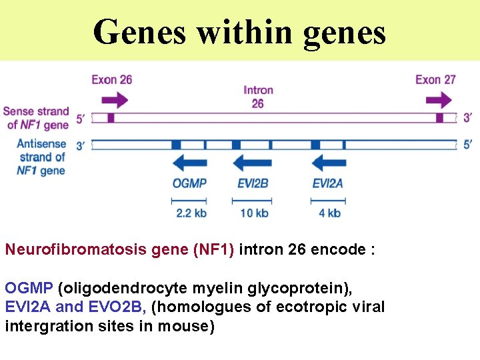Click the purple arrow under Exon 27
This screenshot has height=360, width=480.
438,101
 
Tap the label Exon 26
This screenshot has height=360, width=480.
111,80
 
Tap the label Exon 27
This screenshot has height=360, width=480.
435,80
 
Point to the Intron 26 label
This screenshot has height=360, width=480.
257,97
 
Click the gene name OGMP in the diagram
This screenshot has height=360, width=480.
189,183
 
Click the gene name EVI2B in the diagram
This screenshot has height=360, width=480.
253,183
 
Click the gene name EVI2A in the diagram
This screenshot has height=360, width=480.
327,183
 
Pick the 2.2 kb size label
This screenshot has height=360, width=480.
191,213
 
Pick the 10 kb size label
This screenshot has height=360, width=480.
253,213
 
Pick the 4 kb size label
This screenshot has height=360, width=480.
329,213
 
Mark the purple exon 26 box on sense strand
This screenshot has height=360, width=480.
111,118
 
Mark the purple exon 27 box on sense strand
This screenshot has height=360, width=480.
439,118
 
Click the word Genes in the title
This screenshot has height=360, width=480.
139,31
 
